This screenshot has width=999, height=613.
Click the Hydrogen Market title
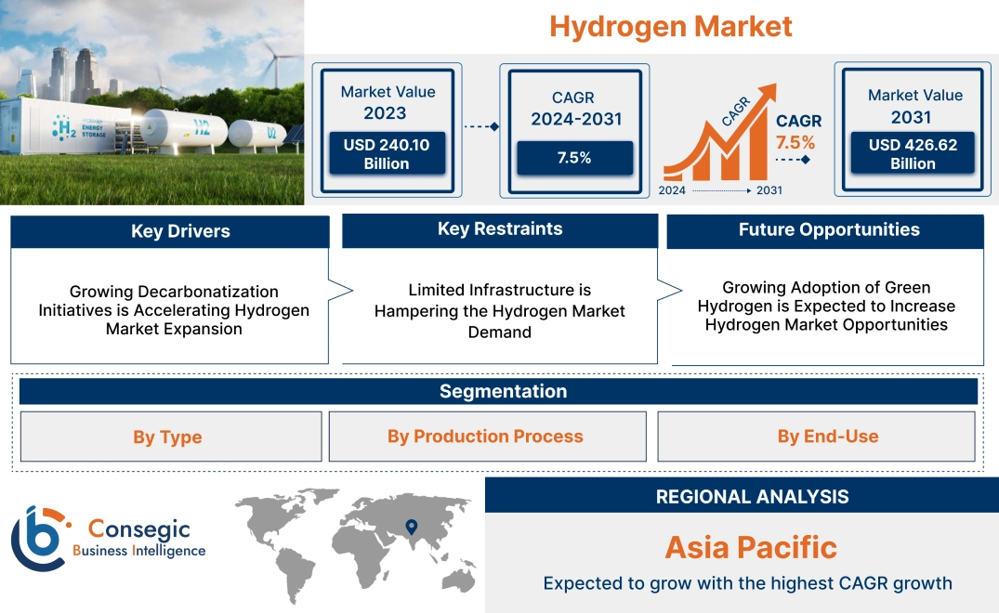click(671, 26)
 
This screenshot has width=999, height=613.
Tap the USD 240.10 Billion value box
click(386, 154)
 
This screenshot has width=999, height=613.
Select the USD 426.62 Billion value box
click(913, 154)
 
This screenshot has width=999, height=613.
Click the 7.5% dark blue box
click(573, 158)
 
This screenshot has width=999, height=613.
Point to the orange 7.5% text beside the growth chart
click(795, 142)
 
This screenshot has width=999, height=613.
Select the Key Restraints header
click(500, 229)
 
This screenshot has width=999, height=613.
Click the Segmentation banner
click(503, 391)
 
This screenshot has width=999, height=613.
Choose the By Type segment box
click(167, 437)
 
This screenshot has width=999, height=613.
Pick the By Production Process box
click(485, 437)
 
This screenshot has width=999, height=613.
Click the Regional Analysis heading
click(752, 497)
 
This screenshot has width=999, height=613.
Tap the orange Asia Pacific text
click(751, 547)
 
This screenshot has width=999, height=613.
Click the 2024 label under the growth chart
click(673, 190)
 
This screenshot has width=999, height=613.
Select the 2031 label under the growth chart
click(769, 190)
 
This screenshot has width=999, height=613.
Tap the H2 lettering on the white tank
click(202, 130)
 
